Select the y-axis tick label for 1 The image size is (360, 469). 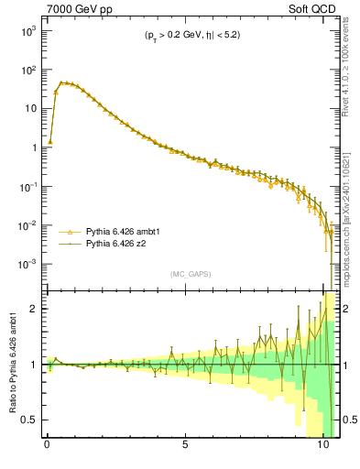(x=32, y=147)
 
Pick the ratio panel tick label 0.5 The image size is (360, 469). (x=30, y=420)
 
